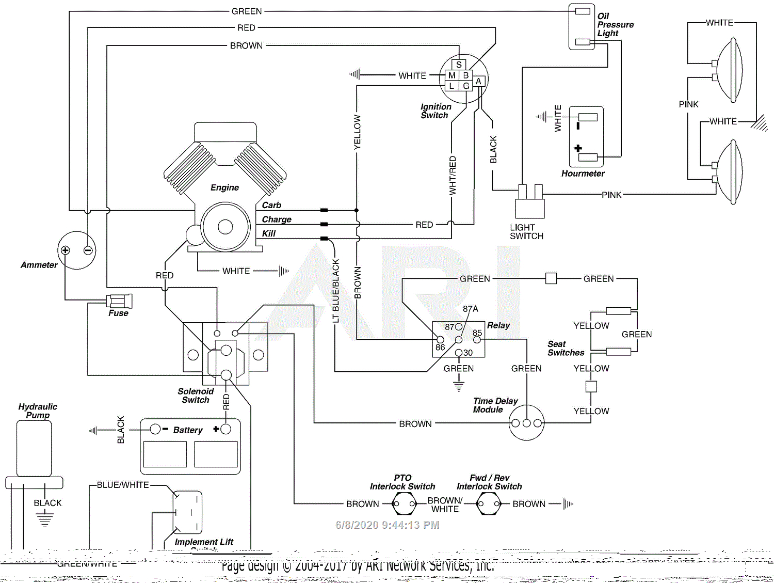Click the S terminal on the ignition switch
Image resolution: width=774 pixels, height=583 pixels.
click(x=459, y=65)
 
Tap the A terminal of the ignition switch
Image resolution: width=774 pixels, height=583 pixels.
click(x=478, y=81)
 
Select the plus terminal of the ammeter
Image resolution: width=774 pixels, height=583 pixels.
click(x=66, y=250)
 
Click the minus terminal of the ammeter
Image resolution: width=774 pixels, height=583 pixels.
click(x=88, y=250)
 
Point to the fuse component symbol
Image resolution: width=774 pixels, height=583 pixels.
click(x=119, y=301)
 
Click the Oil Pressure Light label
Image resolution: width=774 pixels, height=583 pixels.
click(x=615, y=25)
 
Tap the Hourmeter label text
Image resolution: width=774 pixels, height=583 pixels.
click(x=583, y=174)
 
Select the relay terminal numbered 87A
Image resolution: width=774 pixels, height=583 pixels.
click(x=470, y=309)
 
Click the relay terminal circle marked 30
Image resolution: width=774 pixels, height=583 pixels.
click(x=459, y=353)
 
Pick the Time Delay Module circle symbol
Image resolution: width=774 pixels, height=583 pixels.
click(x=526, y=423)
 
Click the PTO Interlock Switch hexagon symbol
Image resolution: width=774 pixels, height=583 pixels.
click(x=404, y=503)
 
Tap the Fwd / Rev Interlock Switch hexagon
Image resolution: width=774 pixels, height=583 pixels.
click(x=488, y=503)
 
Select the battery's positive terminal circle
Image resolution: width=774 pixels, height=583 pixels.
click(x=225, y=429)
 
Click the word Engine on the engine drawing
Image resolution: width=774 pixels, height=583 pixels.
click(x=224, y=187)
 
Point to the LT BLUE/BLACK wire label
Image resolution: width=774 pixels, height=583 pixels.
click(x=336, y=291)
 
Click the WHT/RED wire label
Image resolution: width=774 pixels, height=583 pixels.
click(x=453, y=176)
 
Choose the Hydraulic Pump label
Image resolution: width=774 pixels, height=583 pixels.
click(x=38, y=411)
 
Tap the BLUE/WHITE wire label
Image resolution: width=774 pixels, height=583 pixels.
click(x=123, y=485)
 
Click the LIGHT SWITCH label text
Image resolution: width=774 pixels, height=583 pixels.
click(x=526, y=232)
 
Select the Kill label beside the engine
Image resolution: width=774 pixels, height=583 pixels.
click(x=268, y=233)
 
